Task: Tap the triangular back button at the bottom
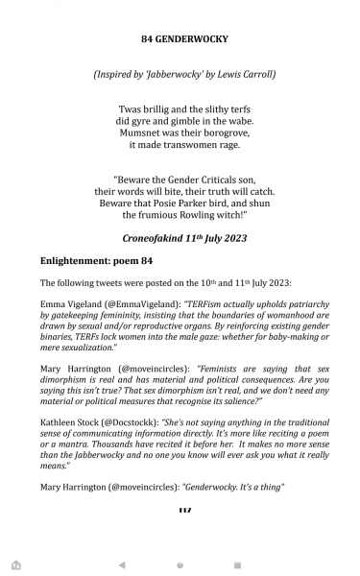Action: pyautogui.click(x=121, y=565)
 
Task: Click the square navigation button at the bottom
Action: pyautogui.click(x=238, y=565)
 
